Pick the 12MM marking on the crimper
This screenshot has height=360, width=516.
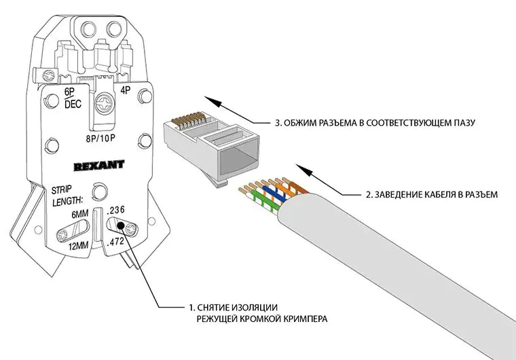79,247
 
